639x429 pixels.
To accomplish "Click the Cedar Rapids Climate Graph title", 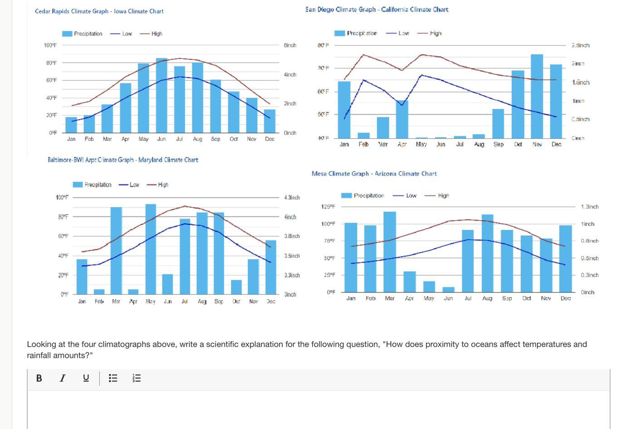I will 99,11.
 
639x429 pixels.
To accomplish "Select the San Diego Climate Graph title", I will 377,10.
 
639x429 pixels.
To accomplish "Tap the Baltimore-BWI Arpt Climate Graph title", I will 123,160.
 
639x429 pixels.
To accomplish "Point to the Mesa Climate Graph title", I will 374,174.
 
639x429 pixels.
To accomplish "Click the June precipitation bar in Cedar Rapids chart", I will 162,95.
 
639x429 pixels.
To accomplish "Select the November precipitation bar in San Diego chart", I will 537,96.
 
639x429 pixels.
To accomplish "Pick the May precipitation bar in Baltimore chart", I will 151,249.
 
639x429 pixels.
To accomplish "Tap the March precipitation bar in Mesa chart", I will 389,252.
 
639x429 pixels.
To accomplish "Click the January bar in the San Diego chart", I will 344,109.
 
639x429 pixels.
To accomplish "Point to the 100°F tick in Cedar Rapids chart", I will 50,45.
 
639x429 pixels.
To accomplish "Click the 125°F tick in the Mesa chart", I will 328,207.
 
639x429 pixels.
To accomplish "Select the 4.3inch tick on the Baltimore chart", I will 292,198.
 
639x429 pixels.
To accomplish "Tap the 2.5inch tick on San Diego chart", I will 580,45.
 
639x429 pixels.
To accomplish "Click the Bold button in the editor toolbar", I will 39,378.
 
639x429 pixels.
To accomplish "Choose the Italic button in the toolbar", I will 63,378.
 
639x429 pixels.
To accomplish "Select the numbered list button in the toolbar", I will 137,378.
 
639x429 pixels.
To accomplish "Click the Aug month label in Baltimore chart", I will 202,302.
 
